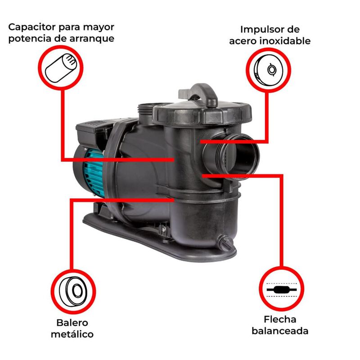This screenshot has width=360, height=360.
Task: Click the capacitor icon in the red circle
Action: [x=61, y=68]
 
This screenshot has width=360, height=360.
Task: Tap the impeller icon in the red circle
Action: [x=268, y=70]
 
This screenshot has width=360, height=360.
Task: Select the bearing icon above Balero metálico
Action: [x=73, y=292]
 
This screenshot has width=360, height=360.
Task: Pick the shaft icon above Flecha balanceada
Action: [x=282, y=290]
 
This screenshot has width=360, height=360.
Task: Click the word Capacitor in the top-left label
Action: [x=32, y=27]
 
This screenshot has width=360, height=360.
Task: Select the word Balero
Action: [x=72, y=323]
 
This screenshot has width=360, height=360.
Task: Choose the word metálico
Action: [x=72, y=334]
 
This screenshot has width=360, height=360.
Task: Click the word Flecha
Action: [x=280, y=319]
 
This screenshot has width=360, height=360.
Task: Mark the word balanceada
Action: [x=280, y=331]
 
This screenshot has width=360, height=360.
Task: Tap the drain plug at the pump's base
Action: [x=226, y=243]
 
